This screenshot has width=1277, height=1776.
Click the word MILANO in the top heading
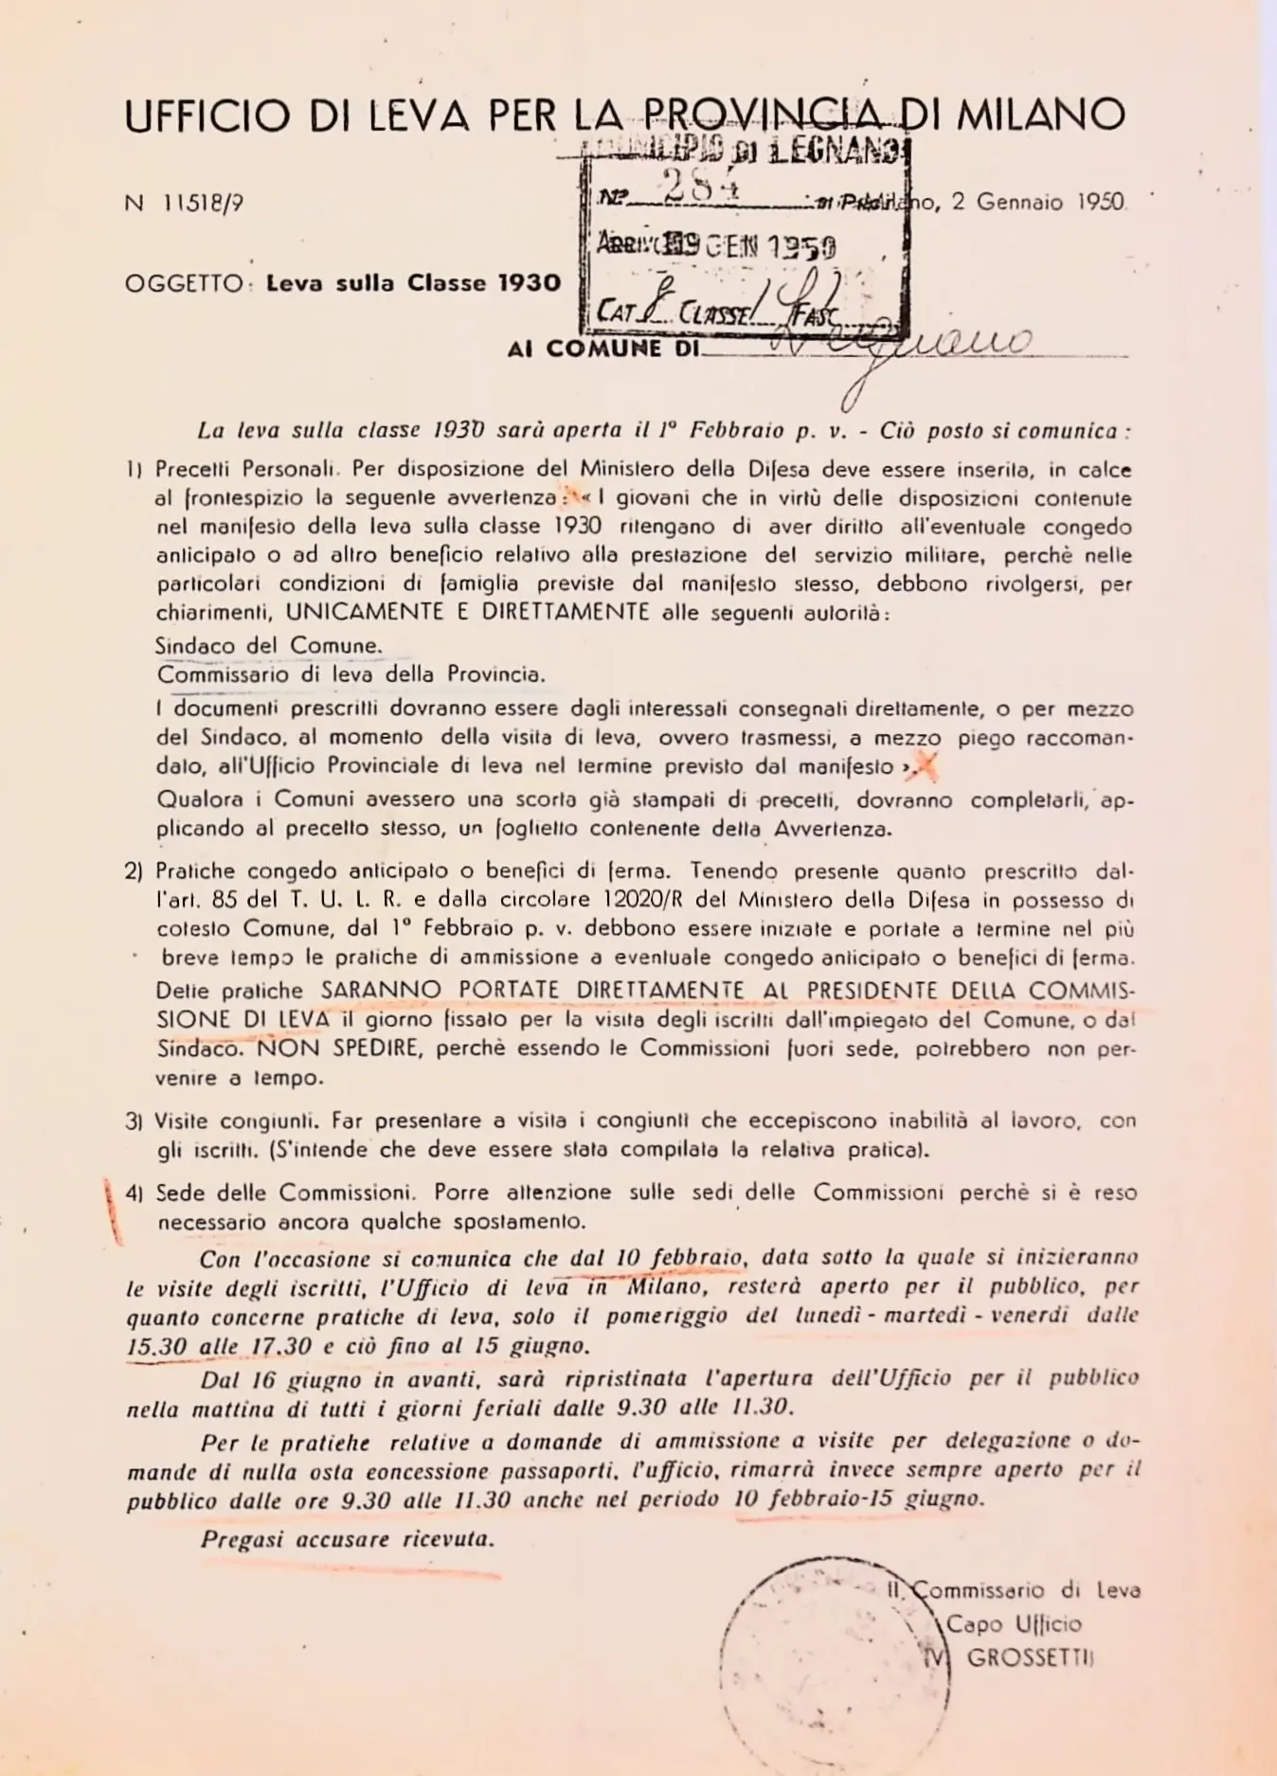point(1040,115)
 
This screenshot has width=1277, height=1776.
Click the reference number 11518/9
point(198,204)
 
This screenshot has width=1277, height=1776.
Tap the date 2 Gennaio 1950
point(1038,202)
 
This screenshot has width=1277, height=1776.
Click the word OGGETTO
point(184,284)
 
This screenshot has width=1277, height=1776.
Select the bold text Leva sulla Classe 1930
point(413,283)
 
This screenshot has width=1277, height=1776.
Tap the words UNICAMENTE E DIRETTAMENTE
point(468,612)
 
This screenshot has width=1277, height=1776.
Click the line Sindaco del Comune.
point(269,646)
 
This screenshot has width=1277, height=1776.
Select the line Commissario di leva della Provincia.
point(351,675)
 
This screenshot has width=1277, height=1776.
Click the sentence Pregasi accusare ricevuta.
point(348,1539)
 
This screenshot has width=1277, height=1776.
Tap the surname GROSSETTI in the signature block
point(1030,1659)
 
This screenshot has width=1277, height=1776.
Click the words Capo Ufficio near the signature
point(1014,1624)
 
